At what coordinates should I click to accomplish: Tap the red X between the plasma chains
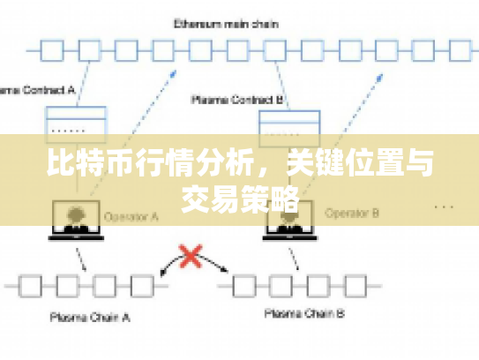190,256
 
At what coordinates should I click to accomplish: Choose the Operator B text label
351,213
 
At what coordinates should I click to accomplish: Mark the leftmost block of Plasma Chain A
32,284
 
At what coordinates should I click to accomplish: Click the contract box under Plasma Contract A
76,122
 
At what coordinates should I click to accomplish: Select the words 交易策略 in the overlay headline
239,199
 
